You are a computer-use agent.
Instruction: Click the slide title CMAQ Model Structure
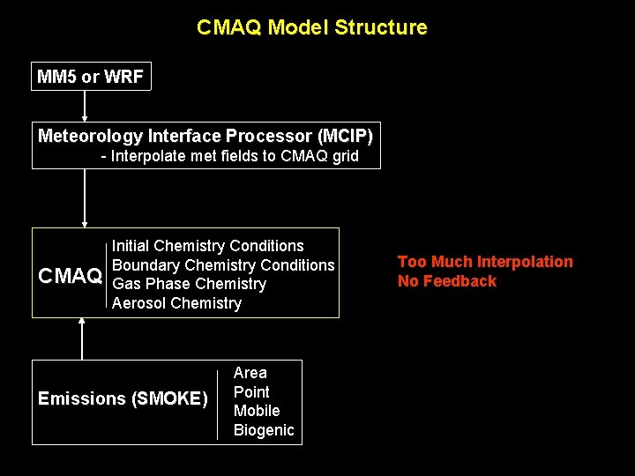[311, 27]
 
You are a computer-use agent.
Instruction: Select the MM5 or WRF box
[90, 77]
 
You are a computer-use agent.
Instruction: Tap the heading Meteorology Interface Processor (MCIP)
[205, 136]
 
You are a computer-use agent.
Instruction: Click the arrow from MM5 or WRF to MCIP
[85, 106]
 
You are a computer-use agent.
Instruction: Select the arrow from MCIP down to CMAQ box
[85, 198]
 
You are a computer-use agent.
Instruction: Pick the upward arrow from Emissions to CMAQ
[82, 338]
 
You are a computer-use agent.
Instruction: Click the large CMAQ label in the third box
[71, 276]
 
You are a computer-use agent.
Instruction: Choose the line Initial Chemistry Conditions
[207, 246]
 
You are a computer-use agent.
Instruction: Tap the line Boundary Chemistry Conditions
[223, 265]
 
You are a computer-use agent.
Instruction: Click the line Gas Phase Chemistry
[189, 284]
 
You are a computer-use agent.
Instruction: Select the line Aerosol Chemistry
[176, 303]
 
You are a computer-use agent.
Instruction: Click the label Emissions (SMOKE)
[123, 399]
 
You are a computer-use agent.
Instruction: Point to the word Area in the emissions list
[250, 373]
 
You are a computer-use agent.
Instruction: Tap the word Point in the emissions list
[251, 392]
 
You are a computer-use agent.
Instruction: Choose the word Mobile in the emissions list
[257, 411]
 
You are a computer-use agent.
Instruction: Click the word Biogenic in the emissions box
[264, 430]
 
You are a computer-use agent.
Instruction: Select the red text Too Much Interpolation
[485, 262]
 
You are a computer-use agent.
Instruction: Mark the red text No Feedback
[447, 281]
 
